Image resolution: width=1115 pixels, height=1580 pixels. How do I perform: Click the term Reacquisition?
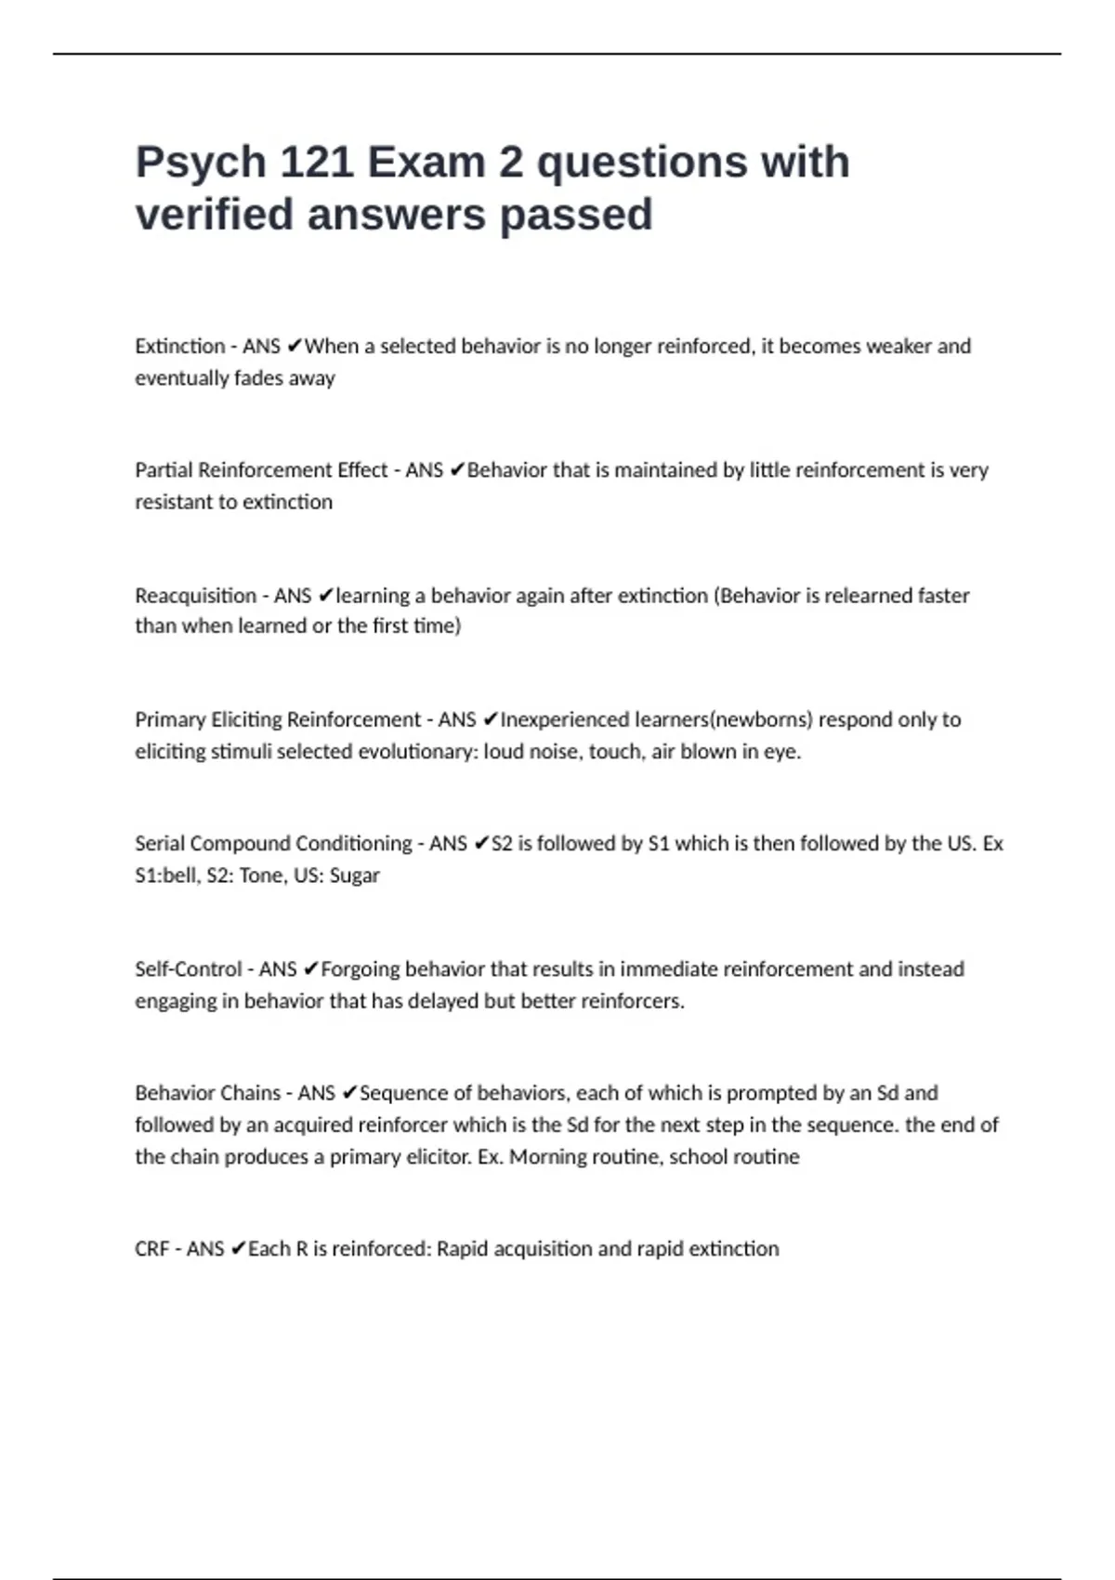194,596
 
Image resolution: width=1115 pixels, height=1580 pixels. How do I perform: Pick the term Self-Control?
189,969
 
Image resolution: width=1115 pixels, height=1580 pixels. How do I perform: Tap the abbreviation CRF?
151,1249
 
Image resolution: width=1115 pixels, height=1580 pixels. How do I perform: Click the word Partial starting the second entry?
164,470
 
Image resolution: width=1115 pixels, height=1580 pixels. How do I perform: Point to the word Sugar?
355,876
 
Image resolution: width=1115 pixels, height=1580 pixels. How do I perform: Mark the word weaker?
899,347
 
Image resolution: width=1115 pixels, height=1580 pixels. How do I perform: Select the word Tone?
261,876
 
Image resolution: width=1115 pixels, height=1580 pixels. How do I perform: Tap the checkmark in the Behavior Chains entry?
349,1093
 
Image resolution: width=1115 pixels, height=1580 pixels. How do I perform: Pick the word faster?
943,596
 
